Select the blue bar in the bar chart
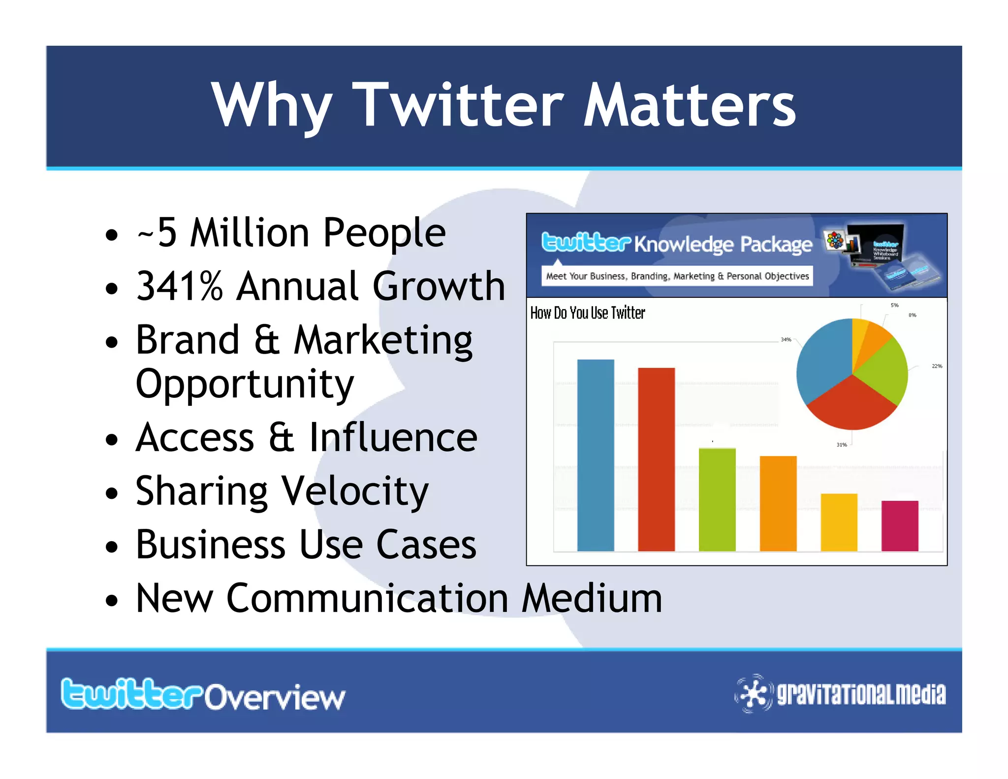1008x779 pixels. pyautogui.click(x=596, y=455)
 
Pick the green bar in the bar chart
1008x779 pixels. pyautogui.click(x=717, y=500)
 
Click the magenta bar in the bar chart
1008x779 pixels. pyautogui.click(x=900, y=526)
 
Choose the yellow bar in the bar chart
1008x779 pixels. pyautogui.click(x=839, y=522)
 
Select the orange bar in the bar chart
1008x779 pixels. pyautogui.click(x=778, y=504)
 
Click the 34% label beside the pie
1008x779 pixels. pyautogui.click(x=786, y=340)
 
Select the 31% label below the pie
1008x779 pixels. pyautogui.click(x=842, y=445)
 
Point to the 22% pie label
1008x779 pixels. pyautogui.click(x=937, y=366)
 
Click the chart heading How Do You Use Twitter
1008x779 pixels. pyautogui.click(x=587, y=313)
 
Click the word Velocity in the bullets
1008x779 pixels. pyautogui.click(x=355, y=491)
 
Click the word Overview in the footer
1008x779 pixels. pyautogui.click(x=275, y=697)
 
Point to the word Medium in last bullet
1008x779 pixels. pyautogui.click(x=592, y=598)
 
